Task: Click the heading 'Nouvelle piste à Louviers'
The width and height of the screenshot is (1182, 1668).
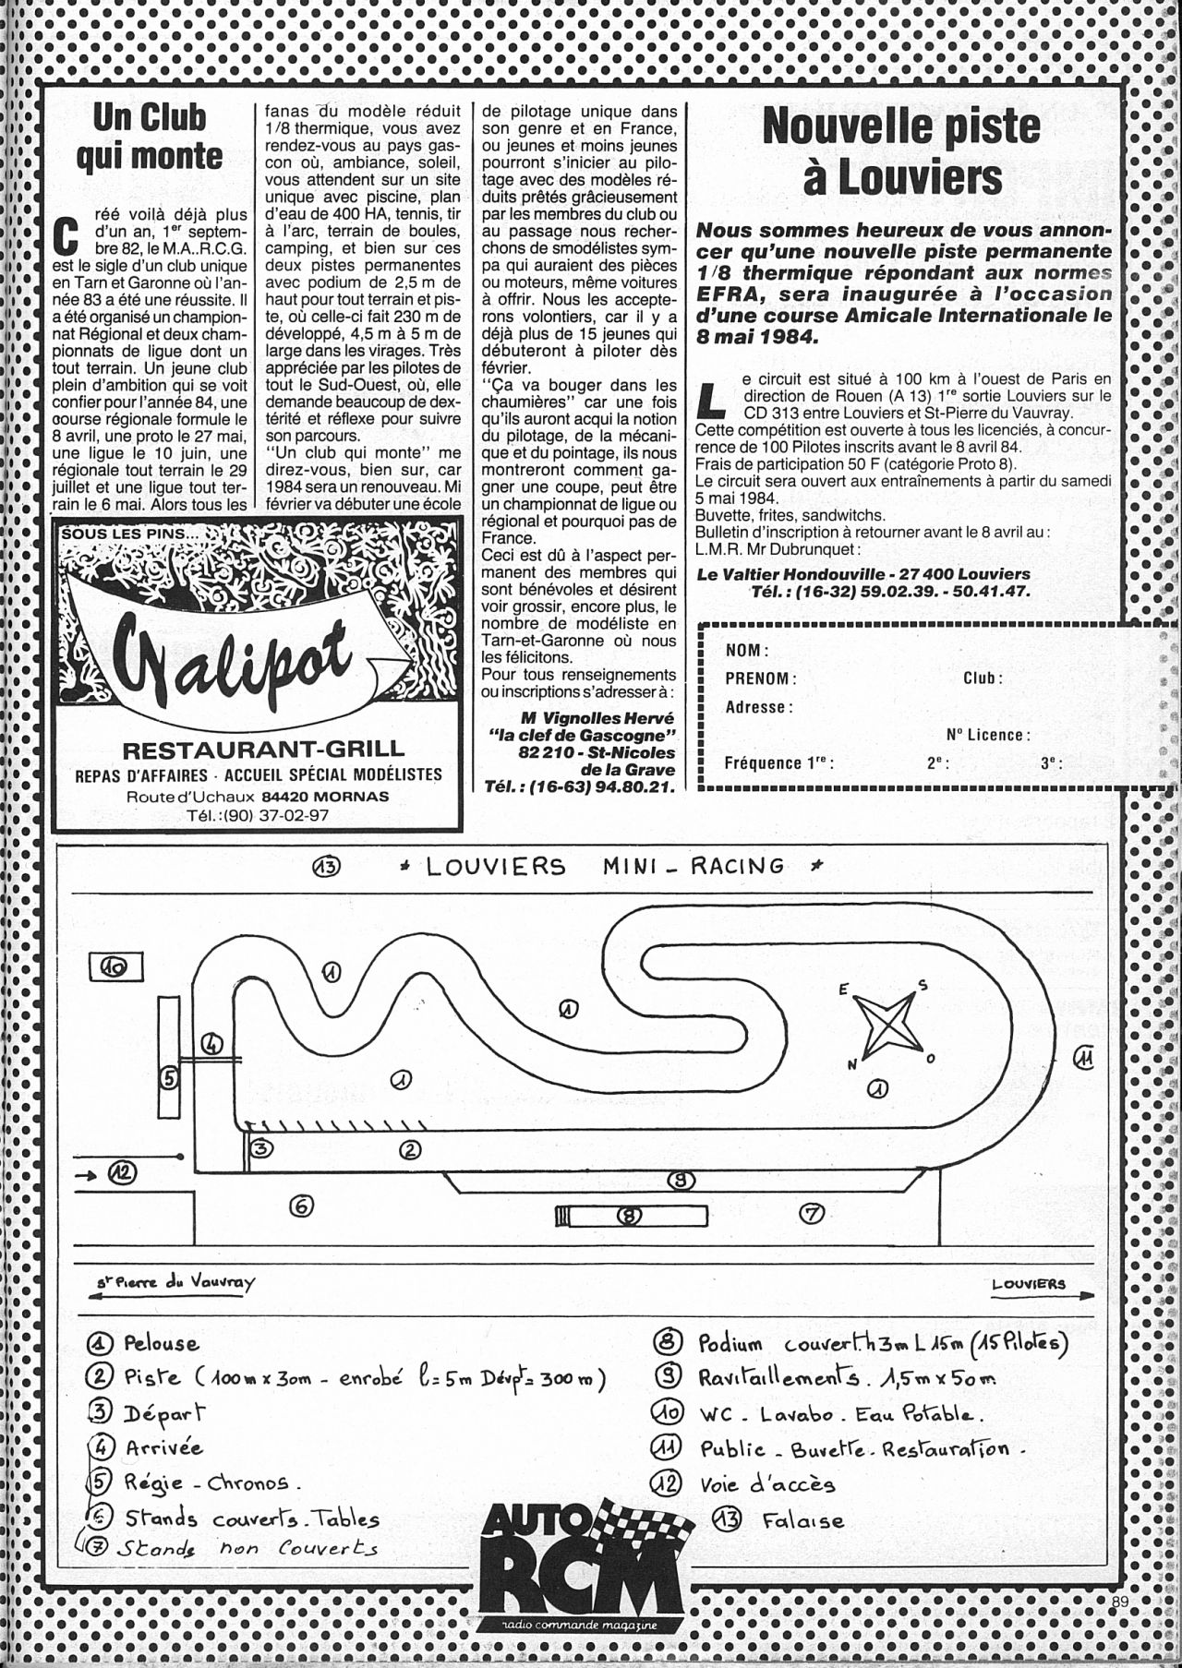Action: (901, 152)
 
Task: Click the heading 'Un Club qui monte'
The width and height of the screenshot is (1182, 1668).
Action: (150, 137)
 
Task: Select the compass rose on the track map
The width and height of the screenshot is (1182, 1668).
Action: (886, 1026)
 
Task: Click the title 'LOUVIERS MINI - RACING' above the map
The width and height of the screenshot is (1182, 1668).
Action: (605, 866)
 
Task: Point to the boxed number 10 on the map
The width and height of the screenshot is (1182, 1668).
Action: (115, 966)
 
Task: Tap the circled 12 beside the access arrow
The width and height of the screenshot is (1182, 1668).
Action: (122, 1174)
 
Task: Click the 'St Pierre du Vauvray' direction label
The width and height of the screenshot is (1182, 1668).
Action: (175, 1282)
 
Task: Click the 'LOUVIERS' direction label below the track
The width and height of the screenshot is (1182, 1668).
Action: (1029, 1284)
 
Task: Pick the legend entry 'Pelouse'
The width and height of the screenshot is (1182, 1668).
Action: (161, 1343)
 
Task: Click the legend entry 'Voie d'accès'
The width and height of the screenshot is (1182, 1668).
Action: (767, 1483)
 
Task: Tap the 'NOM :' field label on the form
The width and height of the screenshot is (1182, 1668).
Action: (746, 650)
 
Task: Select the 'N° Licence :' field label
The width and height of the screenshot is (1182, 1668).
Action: (988, 735)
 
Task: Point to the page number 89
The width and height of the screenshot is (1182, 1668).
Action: (1121, 1626)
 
